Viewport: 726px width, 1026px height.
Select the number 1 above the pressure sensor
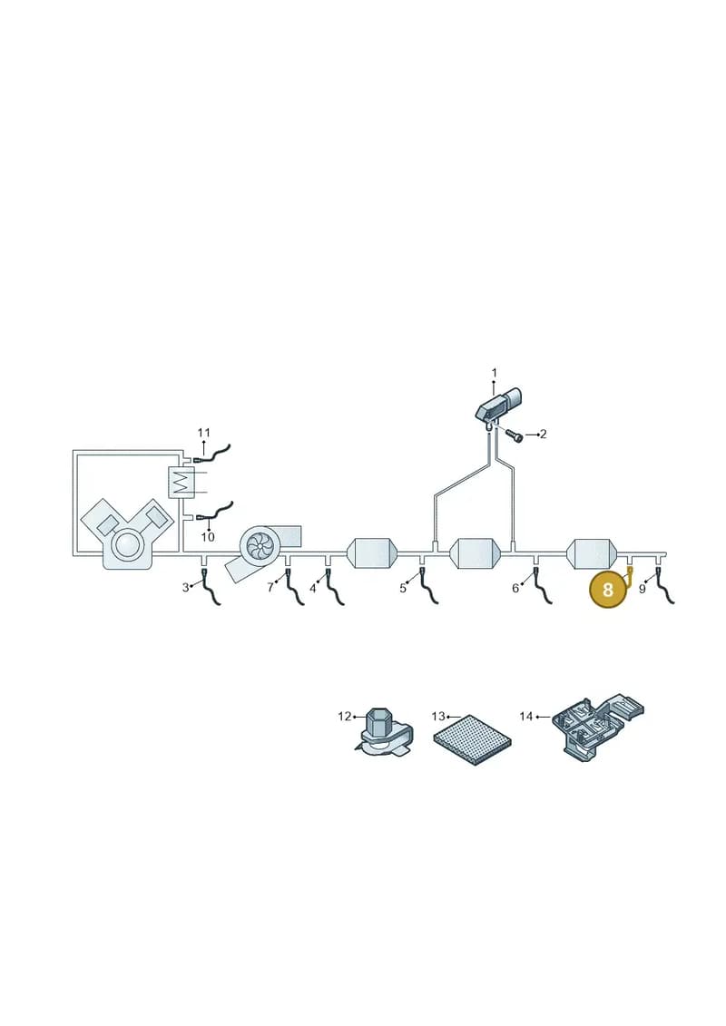(x=495, y=372)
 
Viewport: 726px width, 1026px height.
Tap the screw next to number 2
(x=515, y=435)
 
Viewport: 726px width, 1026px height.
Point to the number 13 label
(x=438, y=717)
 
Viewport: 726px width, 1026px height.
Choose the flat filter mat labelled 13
(x=472, y=739)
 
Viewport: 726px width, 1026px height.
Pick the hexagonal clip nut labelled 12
(x=382, y=735)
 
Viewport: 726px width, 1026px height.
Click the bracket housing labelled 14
(x=598, y=728)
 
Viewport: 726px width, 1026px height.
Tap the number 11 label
(x=203, y=433)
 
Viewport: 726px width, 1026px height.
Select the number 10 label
(x=208, y=537)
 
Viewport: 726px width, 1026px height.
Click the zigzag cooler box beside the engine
(x=181, y=483)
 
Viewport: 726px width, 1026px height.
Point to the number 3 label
(x=185, y=587)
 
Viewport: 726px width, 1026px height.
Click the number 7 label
(x=270, y=587)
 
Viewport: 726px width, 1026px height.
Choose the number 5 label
(x=403, y=588)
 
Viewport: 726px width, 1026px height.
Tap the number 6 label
(x=515, y=588)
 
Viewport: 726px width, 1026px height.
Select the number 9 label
(x=643, y=589)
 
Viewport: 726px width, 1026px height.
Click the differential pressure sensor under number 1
(x=497, y=406)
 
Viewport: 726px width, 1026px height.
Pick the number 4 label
(x=313, y=588)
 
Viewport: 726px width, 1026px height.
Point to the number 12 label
(x=344, y=717)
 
